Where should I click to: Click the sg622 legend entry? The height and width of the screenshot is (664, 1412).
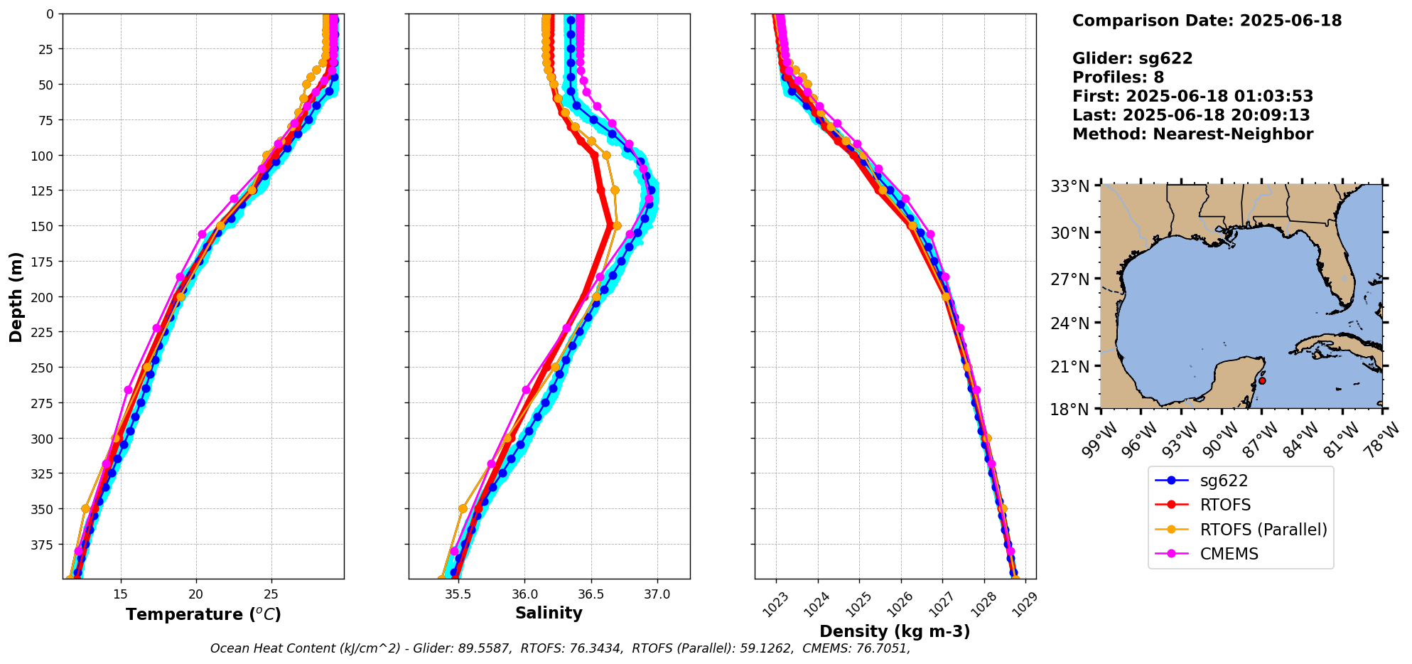click(1223, 481)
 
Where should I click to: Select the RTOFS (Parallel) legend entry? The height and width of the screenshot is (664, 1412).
click(1263, 530)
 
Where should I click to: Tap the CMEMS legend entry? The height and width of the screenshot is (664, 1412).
click(1229, 554)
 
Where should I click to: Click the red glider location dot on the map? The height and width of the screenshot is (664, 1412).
click(1261, 380)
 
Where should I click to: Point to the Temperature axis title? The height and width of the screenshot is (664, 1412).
click(203, 614)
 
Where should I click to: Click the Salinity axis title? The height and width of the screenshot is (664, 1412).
click(549, 613)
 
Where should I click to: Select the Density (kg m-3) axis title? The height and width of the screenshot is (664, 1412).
click(895, 631)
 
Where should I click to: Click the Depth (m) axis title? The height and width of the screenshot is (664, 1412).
click(16, 296)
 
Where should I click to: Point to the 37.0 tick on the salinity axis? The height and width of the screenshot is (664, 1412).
click(657, 594)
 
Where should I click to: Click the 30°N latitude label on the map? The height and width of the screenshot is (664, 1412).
click(1070, 232)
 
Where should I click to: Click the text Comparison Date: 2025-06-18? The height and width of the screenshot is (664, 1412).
click(1207, 21)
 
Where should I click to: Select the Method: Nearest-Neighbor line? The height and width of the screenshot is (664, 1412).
click(1192, 134)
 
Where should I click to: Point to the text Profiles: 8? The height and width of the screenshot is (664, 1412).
click(1118, 77)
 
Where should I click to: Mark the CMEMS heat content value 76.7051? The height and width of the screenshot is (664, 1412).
click(882, 648)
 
